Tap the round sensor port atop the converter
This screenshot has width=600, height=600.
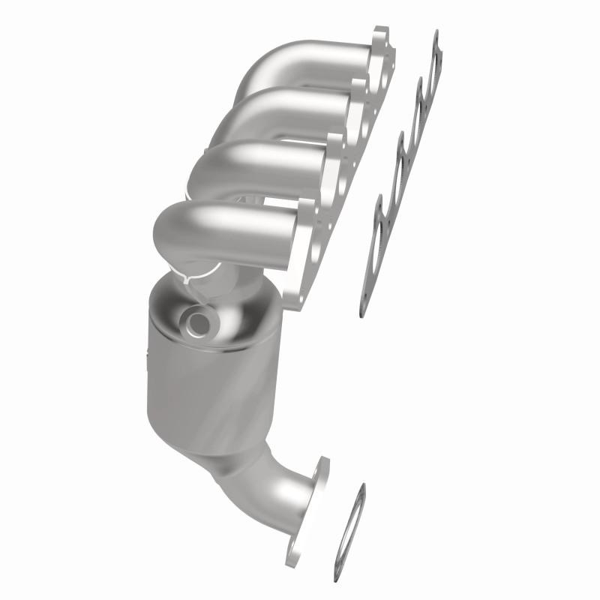tap(201, 323)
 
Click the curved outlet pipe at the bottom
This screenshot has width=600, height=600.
tap(277, 487)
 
